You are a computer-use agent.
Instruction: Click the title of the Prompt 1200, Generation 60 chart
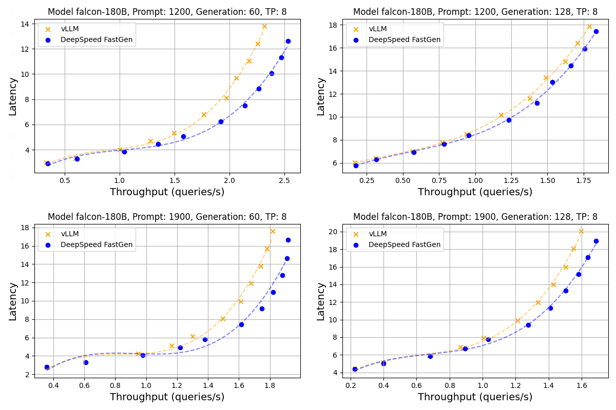click(167, 12)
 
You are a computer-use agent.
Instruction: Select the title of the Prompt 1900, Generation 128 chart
click(475, 217)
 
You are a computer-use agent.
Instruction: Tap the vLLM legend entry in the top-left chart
click(70, 29)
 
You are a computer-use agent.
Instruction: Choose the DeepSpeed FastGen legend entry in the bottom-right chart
click(405, 244)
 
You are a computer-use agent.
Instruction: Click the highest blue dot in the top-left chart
click(288, 41)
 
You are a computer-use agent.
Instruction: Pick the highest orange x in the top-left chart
click(264, 26)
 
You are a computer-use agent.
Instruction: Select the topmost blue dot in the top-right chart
click(596, 31)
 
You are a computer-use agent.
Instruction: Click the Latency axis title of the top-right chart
click(321, 96)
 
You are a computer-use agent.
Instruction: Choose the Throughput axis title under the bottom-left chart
click(167, 397)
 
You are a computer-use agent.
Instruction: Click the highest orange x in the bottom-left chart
click(273, 231)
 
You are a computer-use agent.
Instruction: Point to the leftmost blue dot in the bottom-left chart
click(47, 367)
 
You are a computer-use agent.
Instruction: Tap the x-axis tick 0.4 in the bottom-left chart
click(53, 386)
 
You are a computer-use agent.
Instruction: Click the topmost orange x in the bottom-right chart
click(581, 231)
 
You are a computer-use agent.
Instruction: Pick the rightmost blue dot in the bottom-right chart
click(596, 241)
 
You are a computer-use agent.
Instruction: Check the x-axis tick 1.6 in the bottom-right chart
click(582, 386)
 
